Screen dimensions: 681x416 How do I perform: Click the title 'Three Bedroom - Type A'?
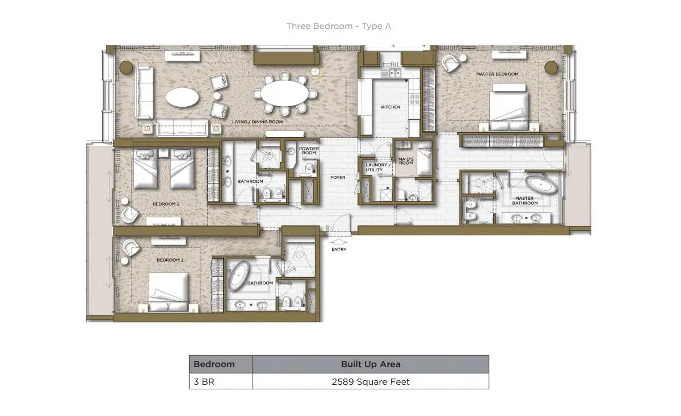(339, 26)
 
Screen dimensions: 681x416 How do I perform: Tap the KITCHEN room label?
(390, 107)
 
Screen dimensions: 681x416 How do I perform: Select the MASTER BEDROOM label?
(497, 74)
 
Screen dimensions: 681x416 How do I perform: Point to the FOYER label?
(338, 178)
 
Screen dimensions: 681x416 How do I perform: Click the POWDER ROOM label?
(309, 150)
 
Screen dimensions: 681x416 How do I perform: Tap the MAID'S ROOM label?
(406, 161)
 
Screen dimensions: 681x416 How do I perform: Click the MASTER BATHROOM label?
(524, 201)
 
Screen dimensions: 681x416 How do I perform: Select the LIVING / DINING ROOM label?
(257, 121)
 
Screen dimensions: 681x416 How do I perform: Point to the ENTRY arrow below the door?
(338, 242)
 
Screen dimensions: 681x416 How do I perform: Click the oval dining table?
(284, 93)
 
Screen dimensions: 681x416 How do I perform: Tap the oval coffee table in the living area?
(182, 97)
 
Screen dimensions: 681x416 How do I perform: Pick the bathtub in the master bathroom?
(541, 184)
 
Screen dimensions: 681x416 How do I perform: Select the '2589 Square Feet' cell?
(371, 381)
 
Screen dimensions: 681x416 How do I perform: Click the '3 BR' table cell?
(221, 381)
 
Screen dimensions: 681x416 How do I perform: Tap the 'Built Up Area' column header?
(371, 364)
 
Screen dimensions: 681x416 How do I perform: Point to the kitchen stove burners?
(415, 99)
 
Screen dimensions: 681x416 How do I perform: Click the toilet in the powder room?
(310, 167)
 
